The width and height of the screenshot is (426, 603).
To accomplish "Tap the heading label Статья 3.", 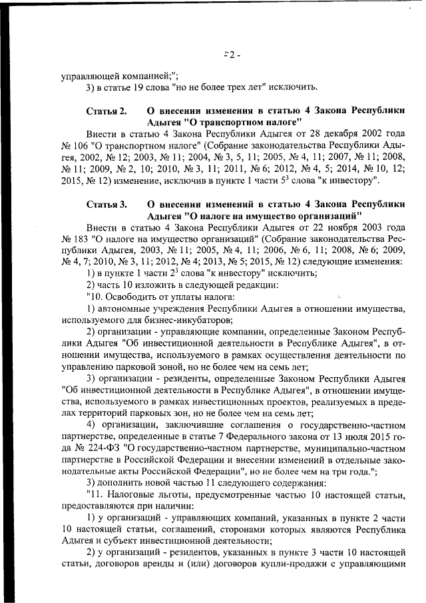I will coord(106,205).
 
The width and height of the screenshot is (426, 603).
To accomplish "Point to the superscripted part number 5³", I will coord(297,181).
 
